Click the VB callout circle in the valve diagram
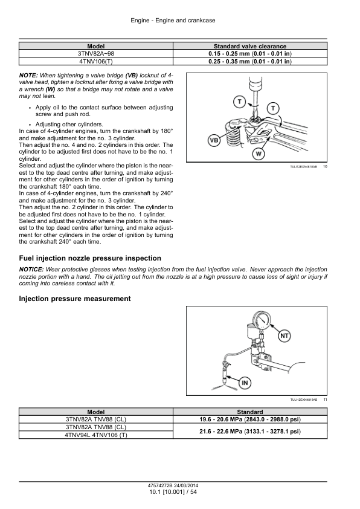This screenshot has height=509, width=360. pyautogui.click(x=214, y=141)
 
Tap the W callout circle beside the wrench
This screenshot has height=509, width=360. pyautogui.click(x=259, y=154)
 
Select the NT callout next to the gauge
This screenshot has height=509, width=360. pyautogui.click(x=284, y=336)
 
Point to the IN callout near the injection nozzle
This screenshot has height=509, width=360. pyautogui.click(x=245, y=383)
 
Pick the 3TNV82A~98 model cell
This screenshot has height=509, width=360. pyautogui.click(x=96, y=54)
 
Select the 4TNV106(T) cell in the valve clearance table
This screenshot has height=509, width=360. pyautogui.click(x=96, y=61)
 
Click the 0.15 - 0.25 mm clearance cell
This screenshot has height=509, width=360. pyautogui.click(x=250, y=54)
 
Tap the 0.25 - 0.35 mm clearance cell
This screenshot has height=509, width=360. pyautogui.click(x=250, y=61)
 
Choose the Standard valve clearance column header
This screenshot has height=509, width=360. pyautogui.click(x=250, y=46)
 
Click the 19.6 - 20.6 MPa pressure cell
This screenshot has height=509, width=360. pyautogui.click(x=250, y=420)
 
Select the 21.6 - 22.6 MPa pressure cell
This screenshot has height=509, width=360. pyautogui.click(x=250, y=432)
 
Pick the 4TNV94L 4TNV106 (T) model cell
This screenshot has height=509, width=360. pyautogui.click(x=96, y=435)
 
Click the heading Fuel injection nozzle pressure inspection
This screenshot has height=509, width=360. pyautogui.click(x=90, y=258)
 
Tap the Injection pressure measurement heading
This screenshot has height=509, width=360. pyautogui.click(x=75, y=299)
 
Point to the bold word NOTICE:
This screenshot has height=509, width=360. pyautogui.click(x=31, y=270)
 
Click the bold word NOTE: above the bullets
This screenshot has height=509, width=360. pyautogui.click(x=28, y=76)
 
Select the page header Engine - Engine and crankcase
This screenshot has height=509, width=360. pyautogui.click(x=173, y=21)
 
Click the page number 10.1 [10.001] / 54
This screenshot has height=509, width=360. pyautogui.click(x=173, y=492)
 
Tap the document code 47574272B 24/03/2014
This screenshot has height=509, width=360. pyautogui.click(x=173, y=486)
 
